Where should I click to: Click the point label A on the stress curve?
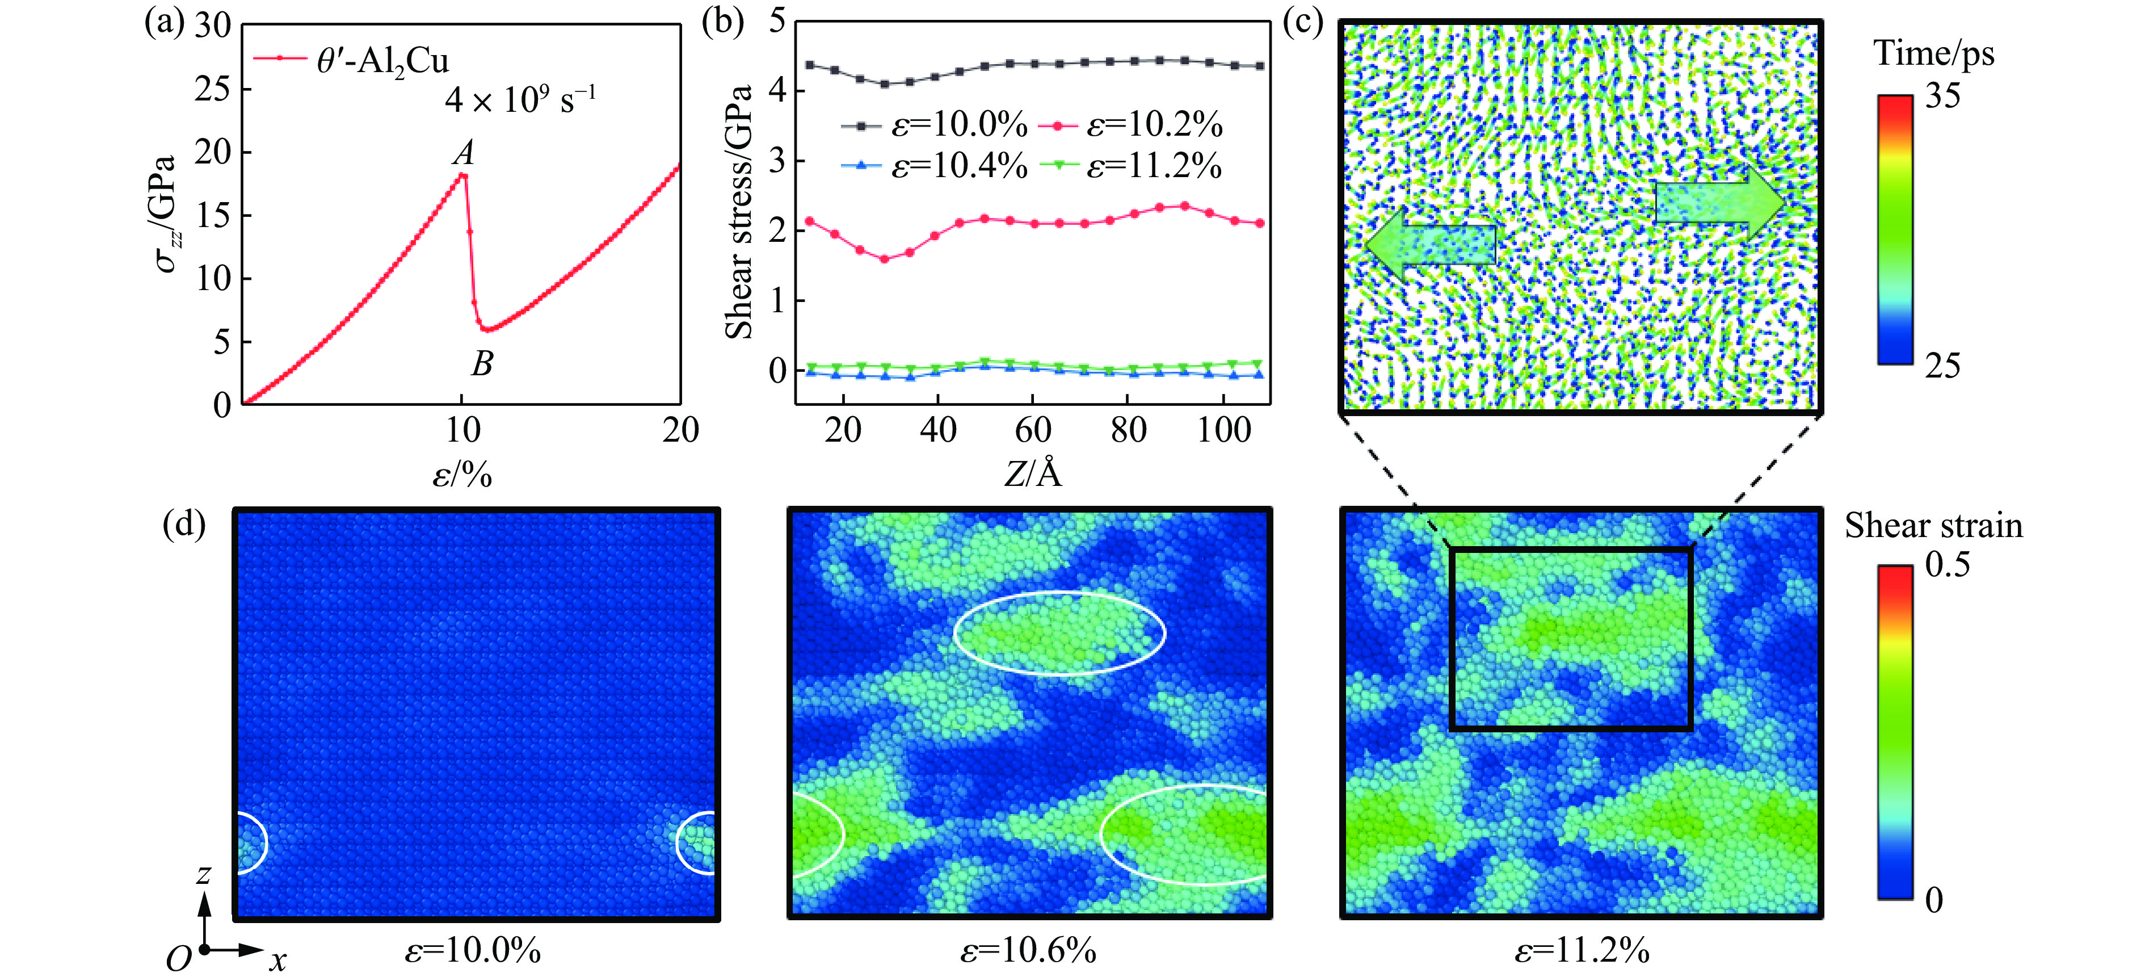464,152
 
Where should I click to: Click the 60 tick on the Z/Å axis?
1033,430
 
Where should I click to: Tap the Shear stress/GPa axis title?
739,212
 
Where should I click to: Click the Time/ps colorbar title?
1933,53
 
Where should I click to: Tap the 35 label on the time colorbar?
1942,97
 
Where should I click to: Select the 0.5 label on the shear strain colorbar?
1947,565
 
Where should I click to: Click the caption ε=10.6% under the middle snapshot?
1028,950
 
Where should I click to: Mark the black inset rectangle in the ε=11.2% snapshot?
1571,549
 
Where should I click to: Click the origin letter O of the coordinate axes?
178,959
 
